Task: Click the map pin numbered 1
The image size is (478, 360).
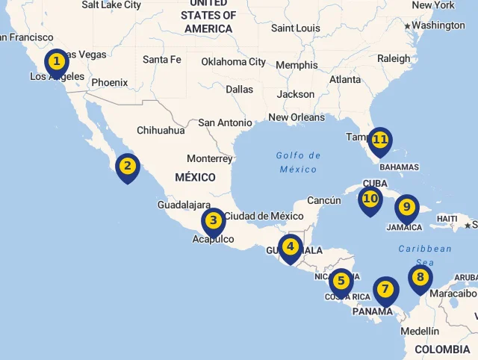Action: click(57, 61)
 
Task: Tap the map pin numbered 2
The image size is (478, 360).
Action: click(128, 167)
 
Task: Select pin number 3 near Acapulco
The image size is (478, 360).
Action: click(214, 220)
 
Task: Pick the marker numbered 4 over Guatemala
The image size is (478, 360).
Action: click(290, 246)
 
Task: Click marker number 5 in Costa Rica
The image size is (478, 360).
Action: click(341, 282)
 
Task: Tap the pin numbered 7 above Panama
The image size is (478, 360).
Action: click(385, 289)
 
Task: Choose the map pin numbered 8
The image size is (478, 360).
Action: click(420, 278)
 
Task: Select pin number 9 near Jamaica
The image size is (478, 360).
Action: click(406, 207)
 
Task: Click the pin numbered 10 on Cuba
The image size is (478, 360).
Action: click(370, 199)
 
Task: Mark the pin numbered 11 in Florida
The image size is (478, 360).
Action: click(380, 140)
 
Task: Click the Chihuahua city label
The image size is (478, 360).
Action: click(161, 130)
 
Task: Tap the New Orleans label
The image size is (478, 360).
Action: click(297, 117)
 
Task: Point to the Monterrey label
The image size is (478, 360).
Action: click(210, 158)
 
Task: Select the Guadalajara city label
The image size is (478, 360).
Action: click(184, 205)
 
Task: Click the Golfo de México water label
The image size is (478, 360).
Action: click(298, 162)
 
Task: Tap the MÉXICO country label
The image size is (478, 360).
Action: click(195, 178)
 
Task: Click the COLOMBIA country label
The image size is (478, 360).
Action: click(442, 350)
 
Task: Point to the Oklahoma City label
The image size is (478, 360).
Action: click(234, 62)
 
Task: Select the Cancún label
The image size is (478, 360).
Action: click(324, 200)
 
